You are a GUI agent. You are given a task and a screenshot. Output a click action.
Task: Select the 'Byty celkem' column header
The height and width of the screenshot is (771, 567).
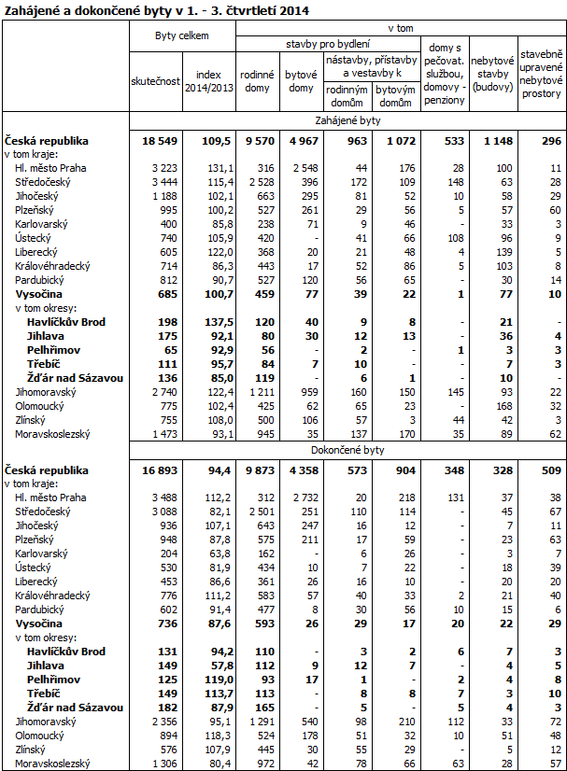[x=181, y=35]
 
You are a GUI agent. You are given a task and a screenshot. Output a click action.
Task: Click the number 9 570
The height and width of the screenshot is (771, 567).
[x=256, y=141]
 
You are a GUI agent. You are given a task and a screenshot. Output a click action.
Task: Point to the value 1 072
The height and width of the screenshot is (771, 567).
[x=397, y=141]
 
